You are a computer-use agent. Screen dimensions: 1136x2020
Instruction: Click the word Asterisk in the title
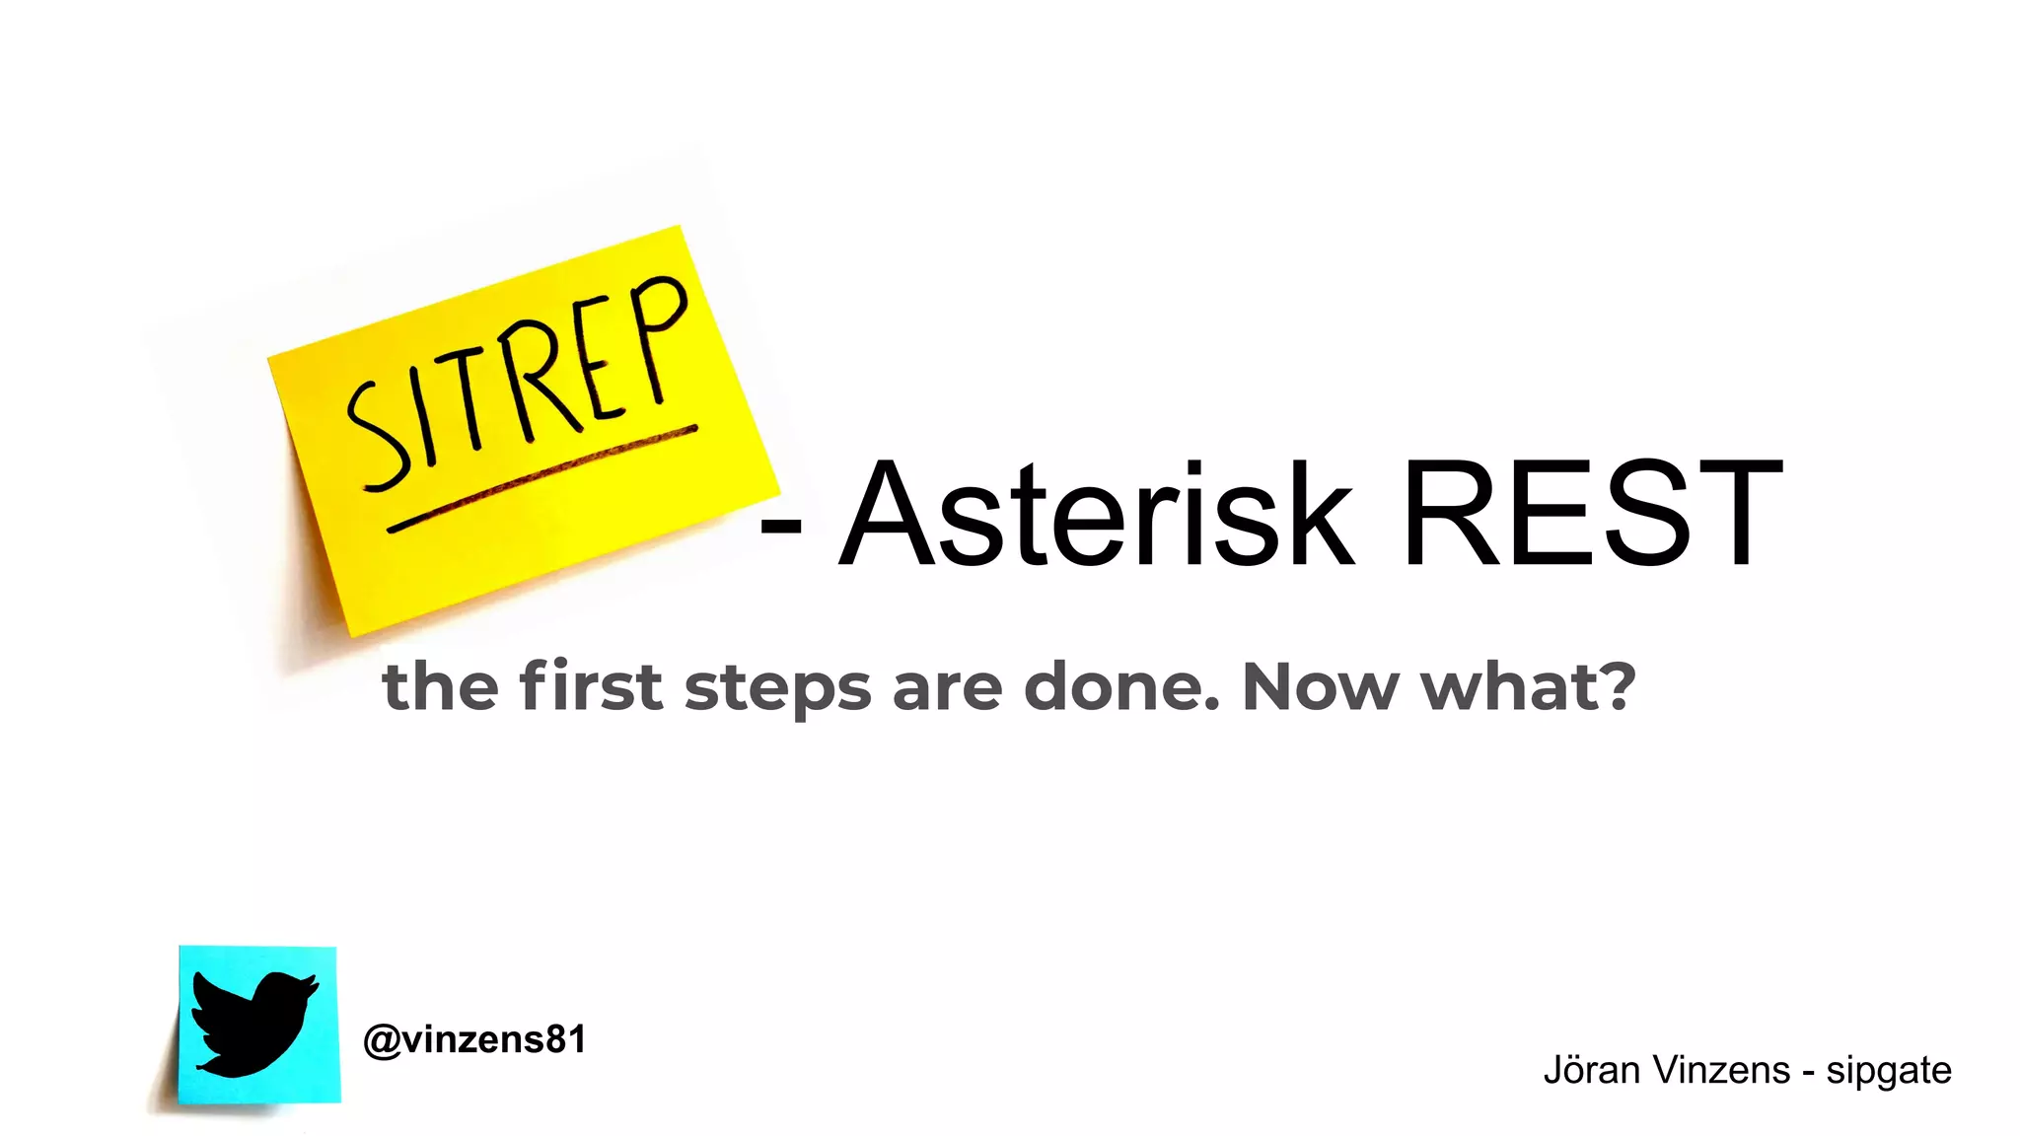(1095, 515)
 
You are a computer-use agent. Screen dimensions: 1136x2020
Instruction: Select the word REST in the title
(1591, 515)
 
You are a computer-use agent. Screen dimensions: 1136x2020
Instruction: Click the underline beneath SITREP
(541, 478)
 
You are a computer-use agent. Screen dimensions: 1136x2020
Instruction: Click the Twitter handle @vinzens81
(474, 1040)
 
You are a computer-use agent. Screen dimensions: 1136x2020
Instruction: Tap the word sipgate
(1888, 1071)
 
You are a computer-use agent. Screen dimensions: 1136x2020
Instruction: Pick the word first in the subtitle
(590, 686)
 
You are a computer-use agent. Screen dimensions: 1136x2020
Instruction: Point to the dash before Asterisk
(780, 533)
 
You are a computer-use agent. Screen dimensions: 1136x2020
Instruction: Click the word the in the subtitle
(440, 686)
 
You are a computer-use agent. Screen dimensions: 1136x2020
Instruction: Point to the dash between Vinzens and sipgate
(1808, 1073)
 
